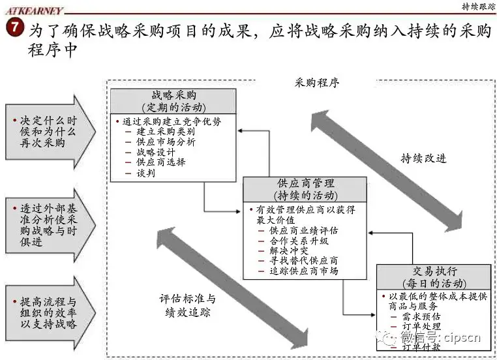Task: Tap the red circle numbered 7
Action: pyautogui.click(x=14, y=29)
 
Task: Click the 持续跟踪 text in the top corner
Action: pyautogui.click(x=475, y=7)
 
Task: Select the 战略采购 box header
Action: pyautogui.click(x=173, y=100)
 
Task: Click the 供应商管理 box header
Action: pyautogui.click(x=305, y=188)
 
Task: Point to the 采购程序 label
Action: pyautogui.click(x=317, y=83)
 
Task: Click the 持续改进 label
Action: pyautogui.click(x=423, y=158)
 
